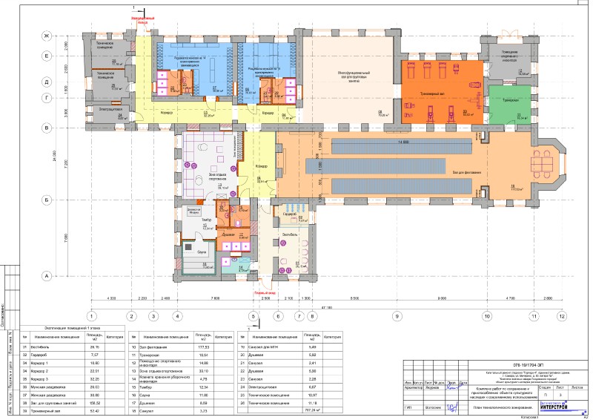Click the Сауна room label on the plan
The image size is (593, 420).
click(x=199, y=252)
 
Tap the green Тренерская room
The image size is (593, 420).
click(x=511, y=99)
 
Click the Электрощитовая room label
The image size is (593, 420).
click(x=110, y=109)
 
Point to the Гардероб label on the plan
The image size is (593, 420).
click(x=285, y=214)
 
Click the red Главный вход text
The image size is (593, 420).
click(x=262, y=292)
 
